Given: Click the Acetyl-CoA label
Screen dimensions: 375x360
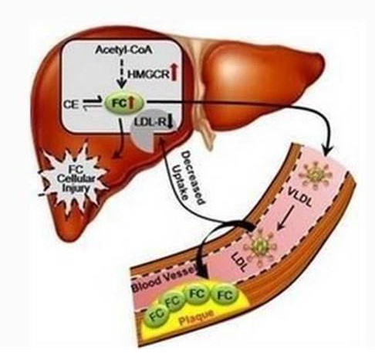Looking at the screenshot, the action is pyautogui.click(x=123, y=49).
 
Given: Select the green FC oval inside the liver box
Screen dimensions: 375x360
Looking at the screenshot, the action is pyautogui.click(x=124, y=104).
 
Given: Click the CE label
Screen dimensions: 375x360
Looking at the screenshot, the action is pyautogui.click(x=71, y=105).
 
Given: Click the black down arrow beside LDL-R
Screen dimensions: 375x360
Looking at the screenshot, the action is pyautogui.click(x=171, y=121).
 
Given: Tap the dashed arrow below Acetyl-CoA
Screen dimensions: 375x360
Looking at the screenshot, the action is pyautogui.click(x=122, y=74).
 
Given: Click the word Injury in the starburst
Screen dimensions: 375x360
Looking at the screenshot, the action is pyautogui.click(x=76, y=188).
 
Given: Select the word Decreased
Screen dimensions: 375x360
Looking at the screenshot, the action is pyautogui.click(x=193, y=178).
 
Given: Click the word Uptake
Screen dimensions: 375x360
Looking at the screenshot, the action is pyautogui.click(x=180, y=182).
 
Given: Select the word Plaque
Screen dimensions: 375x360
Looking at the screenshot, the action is pyautogui.click(x=196, y=318).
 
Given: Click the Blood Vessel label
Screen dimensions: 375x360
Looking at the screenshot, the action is pyautogui.click(x=164, y=280).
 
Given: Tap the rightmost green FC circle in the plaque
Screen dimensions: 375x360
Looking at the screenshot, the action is pyautogui.click(x=225, y=295).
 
